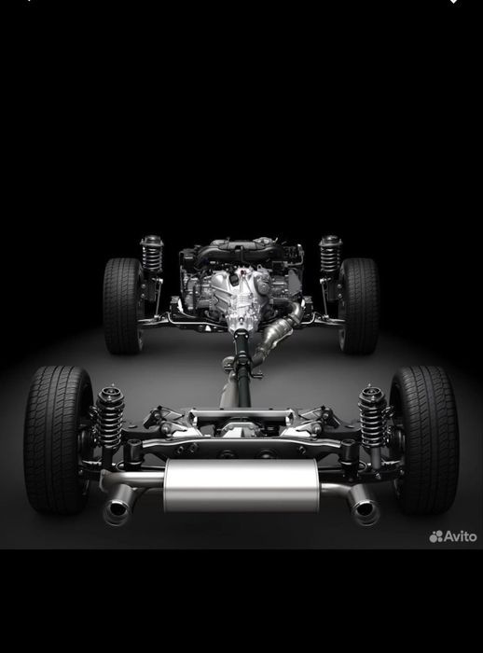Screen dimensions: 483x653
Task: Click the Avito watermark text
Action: click(x=460, y=536)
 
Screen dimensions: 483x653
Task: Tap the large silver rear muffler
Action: click(x=241, y=486)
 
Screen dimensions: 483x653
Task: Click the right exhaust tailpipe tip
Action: click(x=365, y=509)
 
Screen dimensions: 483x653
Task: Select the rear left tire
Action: click(x=58, y=439)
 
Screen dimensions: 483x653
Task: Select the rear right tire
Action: click(x=424, y=439)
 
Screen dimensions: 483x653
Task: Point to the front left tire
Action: click(x=123, y=306)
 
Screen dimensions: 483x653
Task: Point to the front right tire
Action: click(x=359, y=306)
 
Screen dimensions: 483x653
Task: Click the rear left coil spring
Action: click(x=110, y=416)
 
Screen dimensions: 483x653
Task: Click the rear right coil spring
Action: click(x=372, y=416)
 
